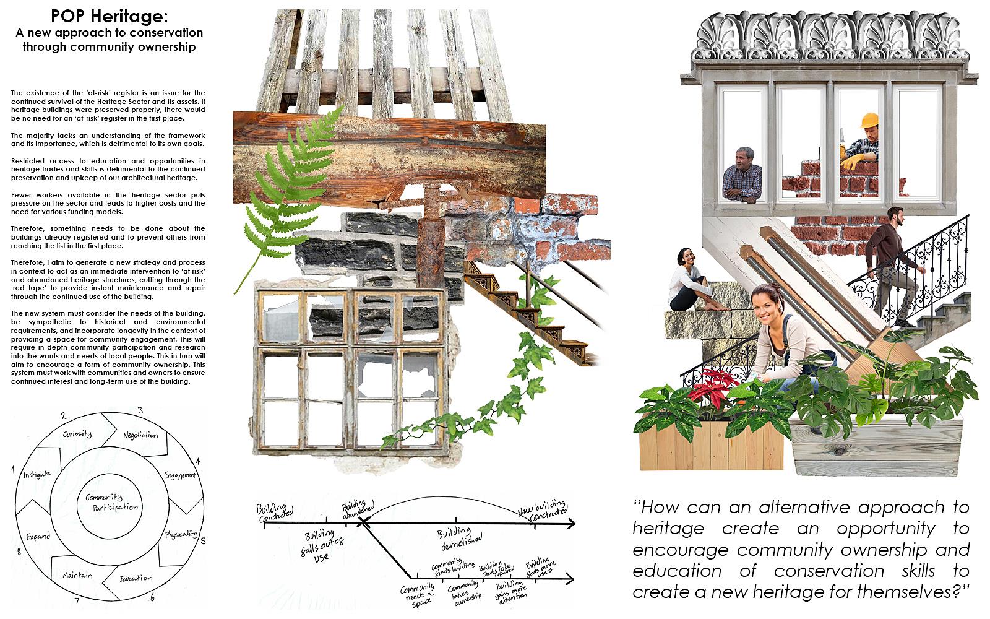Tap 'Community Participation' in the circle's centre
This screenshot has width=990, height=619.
click(x=112, y=502)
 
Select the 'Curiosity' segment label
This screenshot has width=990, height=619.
click(x=77, y=433)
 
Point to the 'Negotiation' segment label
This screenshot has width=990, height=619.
click(x=140, y=435)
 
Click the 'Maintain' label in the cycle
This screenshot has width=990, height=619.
click(x=77, y=575)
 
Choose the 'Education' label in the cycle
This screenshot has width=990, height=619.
click(x=136, y=578)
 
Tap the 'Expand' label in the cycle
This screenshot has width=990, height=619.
click(x=38, y=536)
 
